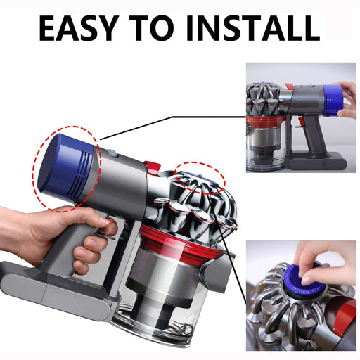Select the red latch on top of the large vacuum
[153, 168]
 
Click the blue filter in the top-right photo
[333, 101]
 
